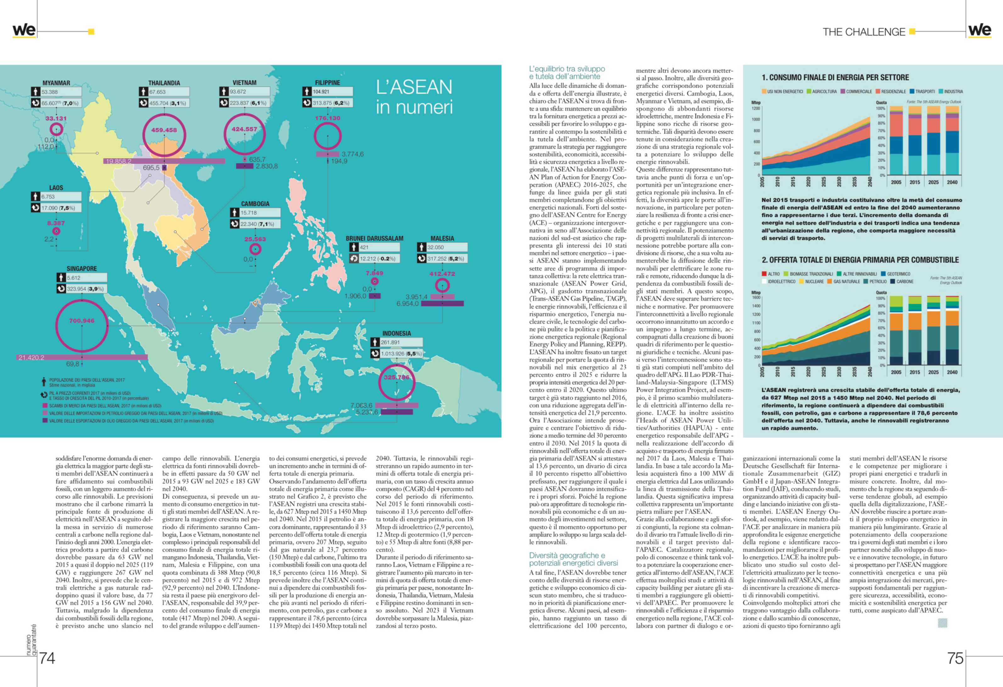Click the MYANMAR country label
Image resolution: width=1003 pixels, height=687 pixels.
[56, 83]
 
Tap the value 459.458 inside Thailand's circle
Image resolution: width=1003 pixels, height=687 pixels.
[164, 130]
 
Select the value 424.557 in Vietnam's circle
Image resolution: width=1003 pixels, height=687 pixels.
[244, 129]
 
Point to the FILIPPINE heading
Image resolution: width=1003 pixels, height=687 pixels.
[327, 82]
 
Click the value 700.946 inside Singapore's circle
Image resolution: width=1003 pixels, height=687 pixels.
[81, 321]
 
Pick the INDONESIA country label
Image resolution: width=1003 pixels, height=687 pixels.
[396, 333]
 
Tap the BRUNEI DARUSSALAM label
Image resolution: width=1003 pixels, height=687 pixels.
[374, 238]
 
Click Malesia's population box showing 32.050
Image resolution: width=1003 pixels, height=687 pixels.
[446, 247]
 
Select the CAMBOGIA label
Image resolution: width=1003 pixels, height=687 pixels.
[255, 204]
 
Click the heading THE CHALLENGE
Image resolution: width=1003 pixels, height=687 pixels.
[864, 32]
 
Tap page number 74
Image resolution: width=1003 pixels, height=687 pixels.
[47, 658]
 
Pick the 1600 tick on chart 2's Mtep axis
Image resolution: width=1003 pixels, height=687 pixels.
[756, 297]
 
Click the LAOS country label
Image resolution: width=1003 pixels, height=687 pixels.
[56, 188]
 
